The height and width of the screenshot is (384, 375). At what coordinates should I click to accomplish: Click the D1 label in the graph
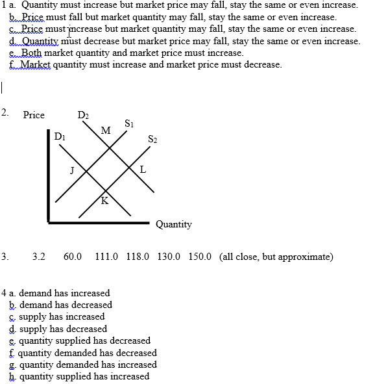(x=60, y=136)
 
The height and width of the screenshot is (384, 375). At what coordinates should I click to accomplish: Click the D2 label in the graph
(x=83, y=116)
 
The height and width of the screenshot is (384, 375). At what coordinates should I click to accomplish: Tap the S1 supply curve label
(x=129, y=123)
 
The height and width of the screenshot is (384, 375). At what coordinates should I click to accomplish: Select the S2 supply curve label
(x=152, y=138)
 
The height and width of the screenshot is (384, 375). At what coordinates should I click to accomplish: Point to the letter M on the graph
(x=105, y=131)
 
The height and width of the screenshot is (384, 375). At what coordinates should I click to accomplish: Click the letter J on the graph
(x=72, y=170)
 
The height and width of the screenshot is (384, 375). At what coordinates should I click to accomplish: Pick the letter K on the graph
(x=104, y=200)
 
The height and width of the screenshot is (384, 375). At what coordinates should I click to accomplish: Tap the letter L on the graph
(x=143, y=170)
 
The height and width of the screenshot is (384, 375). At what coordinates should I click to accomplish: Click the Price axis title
(x=34, y=115)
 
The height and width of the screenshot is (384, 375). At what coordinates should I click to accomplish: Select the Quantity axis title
(x=173, y=224)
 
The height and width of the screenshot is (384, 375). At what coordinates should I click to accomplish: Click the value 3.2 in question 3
(x=38, y=257)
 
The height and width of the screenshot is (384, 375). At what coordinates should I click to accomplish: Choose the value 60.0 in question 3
(x=73, y=257)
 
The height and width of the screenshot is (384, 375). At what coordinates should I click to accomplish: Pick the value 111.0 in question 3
(x=106, y=257)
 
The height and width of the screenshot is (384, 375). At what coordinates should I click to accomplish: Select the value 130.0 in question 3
(x=169, y=257)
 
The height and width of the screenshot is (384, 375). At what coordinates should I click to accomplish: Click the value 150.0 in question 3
(x=200, y=257)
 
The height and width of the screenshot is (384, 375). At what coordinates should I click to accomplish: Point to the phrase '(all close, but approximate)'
(x=276, y=257)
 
